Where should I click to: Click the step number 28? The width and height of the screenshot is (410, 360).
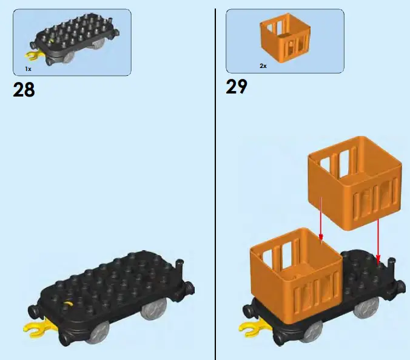pyautogui.click(x=24, y=90)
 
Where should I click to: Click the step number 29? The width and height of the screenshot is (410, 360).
pyautogui.click(x=237, y=87)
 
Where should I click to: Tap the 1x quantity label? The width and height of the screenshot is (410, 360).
pyautogui.click(x=29, y=69)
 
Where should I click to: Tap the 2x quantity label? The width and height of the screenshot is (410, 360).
pyautogui.click(x=263, y=65)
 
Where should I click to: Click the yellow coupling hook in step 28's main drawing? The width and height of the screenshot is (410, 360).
pyautogui.click(x=35, y=330)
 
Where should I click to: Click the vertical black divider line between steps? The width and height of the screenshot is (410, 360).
pyautogui.click(x=215, y=182)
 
